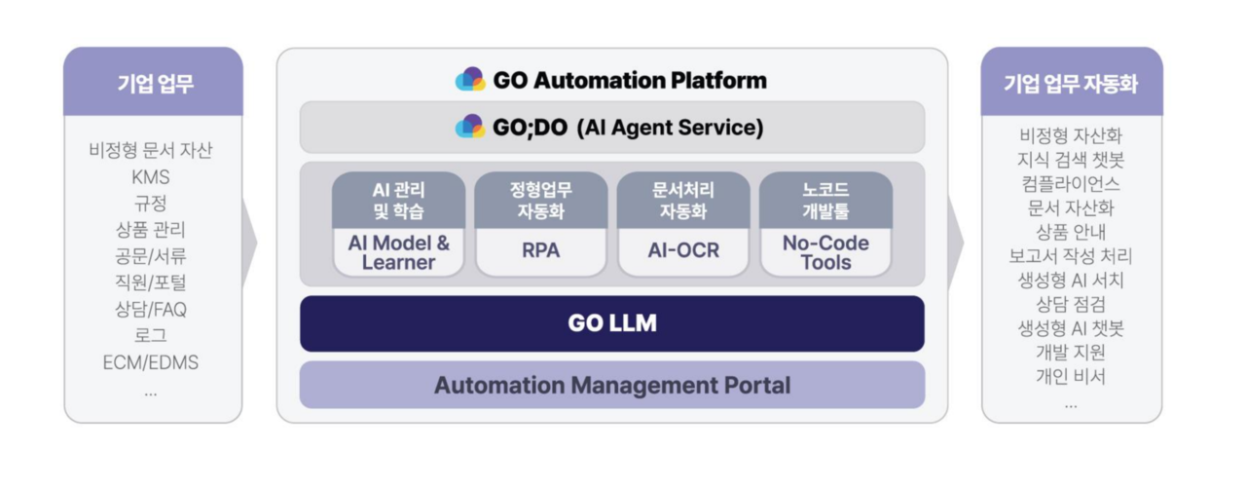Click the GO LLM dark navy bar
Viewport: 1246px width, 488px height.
pyautogui.click(x=611, y=323)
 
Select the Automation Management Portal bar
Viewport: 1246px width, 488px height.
pyautogui.click(x=611, y=385)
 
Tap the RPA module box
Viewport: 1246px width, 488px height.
pyautogui.click(x=540, y=250)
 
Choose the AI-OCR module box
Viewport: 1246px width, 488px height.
pyautogui.click(x=683, y=250)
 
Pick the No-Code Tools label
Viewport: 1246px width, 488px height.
pyautogui.click(x=825, y=252)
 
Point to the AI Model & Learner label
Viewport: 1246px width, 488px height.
pyautogui.click(x=398, y=252)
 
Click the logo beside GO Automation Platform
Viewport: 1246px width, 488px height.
pyautogui.click(x=470, y=80)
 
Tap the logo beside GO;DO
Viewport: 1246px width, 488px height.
pyautogui.click(x=470, y=128)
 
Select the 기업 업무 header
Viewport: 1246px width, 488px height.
pyautogui.click(x=154, y=83)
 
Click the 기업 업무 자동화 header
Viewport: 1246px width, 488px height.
pyautogui.click(x=1071, y=83)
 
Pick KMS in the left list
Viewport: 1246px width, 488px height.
pyautogui.click(x=151, y=177)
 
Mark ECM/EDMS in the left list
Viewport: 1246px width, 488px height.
pyautogui.click(x=151, y=362)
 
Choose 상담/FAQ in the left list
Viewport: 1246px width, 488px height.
pyautogui.click(x=151, y=310)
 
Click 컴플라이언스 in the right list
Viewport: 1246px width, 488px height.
pyautogui.click(x=1071, y=184)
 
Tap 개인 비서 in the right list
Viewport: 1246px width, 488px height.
pyautogui.click(x=1071, y=377)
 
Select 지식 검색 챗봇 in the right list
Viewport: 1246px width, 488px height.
pyautogui.click(x=1071, y=160)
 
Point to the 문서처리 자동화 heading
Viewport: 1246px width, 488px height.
pyautogui.click(x=683, y=200)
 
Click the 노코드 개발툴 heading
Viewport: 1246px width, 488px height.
pyautogui.click(x=825, y=200)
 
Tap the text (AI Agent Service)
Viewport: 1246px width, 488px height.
pyautogui.click(x=670, y=128)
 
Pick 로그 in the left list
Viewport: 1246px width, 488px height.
pyautogui.click(x=151, y=336)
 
